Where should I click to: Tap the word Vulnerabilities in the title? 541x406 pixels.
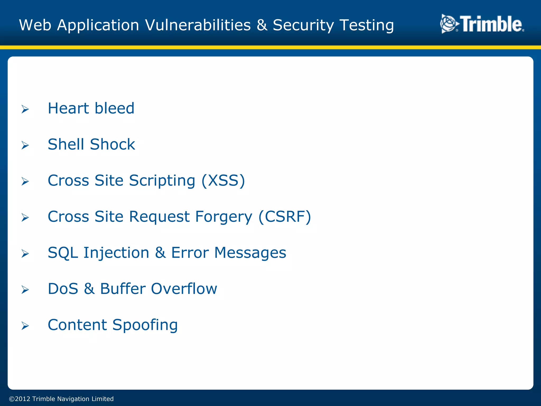[198, 25]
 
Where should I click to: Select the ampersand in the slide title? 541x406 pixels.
[262, 25]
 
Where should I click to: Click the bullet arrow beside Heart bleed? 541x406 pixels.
[25, 109]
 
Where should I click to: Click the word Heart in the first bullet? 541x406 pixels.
[68, 108]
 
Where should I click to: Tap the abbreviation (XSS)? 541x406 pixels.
[223, 181]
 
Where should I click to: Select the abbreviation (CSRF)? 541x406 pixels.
[285, 217]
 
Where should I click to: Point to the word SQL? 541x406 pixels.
[63, 253]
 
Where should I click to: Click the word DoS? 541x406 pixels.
[63, 289]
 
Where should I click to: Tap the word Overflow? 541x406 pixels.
[184, 289]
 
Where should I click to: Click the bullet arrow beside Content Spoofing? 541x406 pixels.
[25, 326]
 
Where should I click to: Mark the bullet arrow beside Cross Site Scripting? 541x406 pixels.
[25, 181]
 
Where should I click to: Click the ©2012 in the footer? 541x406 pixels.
[20, 399]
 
